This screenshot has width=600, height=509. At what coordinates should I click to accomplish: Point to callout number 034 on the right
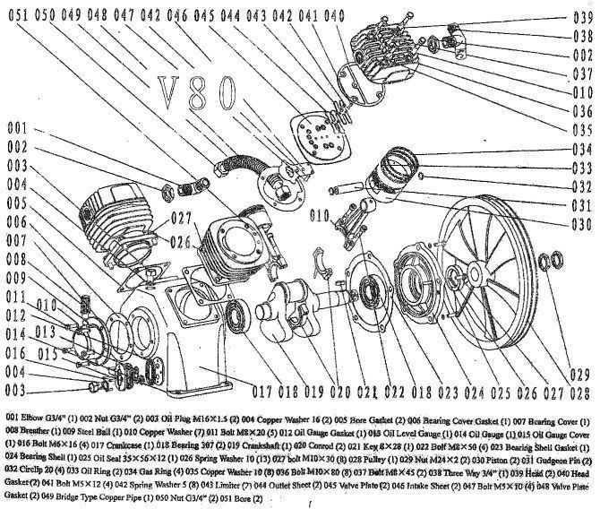[581, 148]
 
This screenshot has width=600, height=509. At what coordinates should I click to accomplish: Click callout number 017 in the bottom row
[261, 391]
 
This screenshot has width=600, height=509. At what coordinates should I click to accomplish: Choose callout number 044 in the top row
[229, 15]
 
